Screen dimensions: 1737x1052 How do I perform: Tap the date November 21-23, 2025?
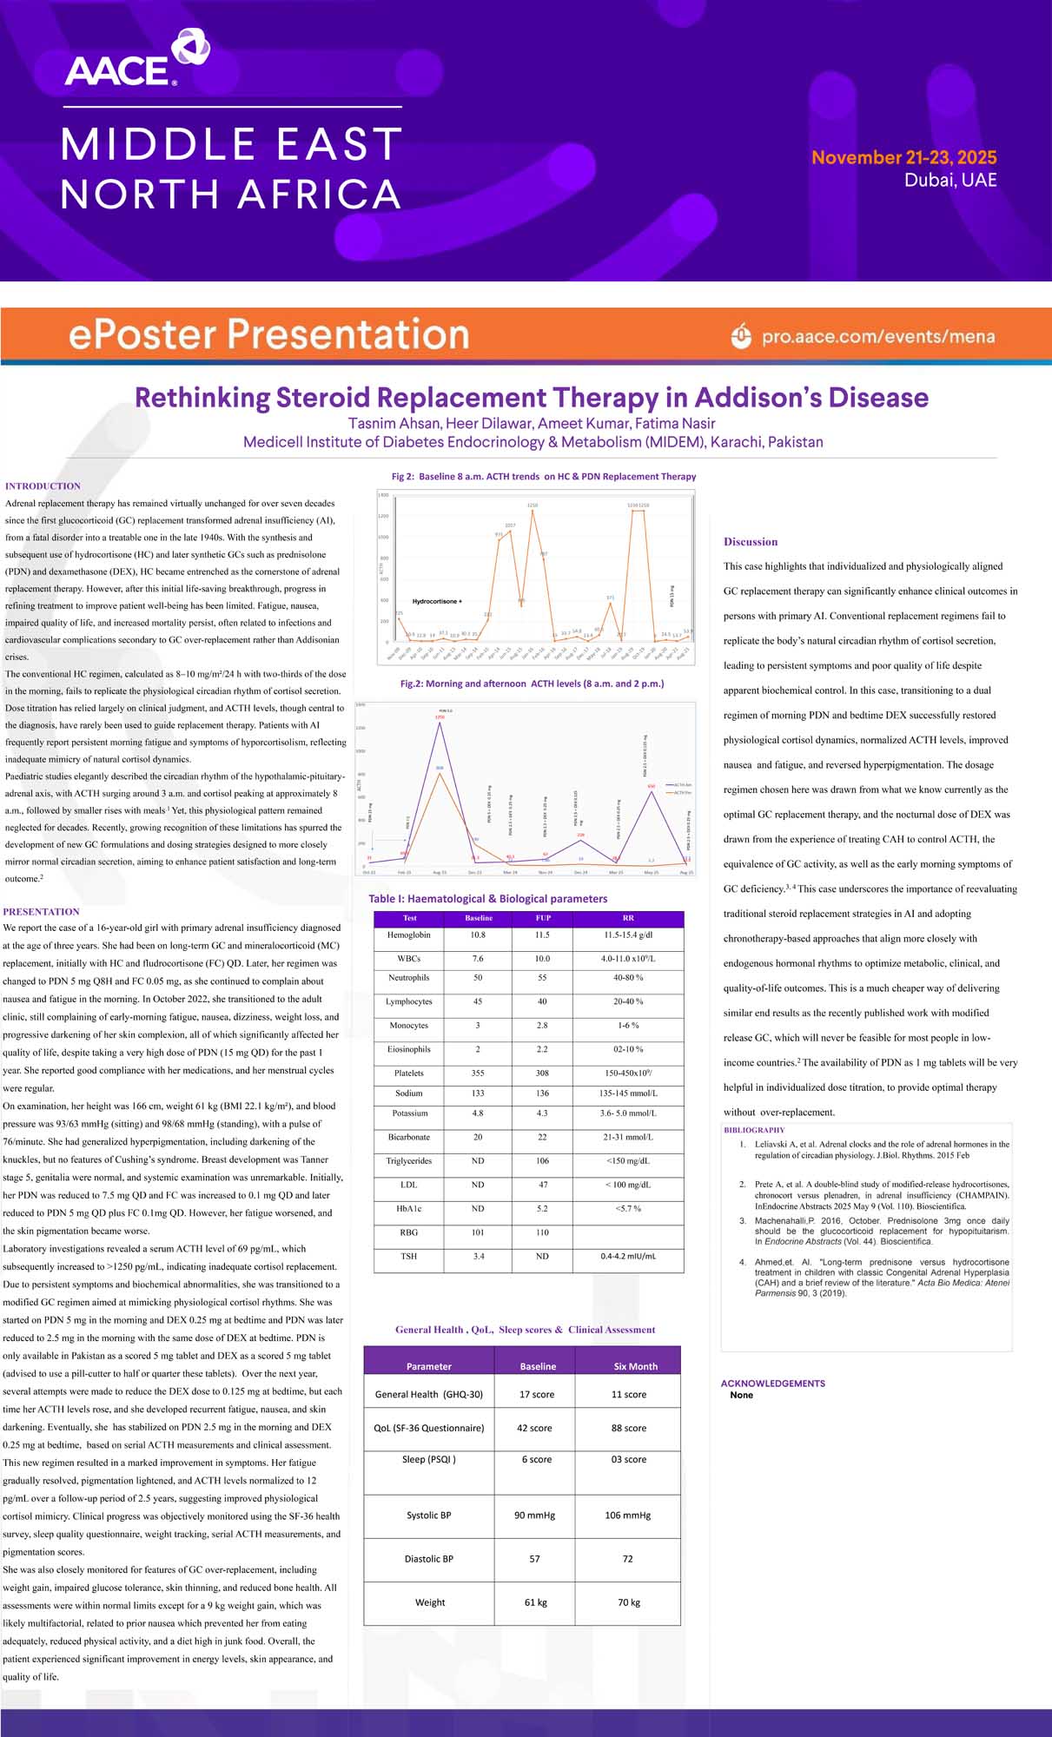[x=903, y=157]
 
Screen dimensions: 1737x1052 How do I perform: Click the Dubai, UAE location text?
[x=950, y=181]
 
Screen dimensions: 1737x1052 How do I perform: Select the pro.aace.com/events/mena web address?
[x=877, y=337]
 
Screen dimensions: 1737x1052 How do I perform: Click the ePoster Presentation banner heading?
[x=268, y=334]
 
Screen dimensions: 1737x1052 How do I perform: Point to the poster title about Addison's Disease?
[x=531, y=398]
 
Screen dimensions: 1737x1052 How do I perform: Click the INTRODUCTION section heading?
[x=43, y=486]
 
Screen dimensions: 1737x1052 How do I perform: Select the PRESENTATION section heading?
[x=41, y=912]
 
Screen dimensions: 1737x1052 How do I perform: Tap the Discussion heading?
[x=751, y=542]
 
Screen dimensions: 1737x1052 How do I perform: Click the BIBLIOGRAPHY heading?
[x=754, y=1130]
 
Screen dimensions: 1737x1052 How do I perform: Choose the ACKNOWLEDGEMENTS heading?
[x=772, y=1384]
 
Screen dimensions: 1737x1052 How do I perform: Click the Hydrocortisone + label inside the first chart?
[x=437, y=601]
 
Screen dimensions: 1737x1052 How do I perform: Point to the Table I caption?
[x=487, y=899]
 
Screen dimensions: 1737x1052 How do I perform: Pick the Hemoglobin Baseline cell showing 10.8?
[x=478, y=935]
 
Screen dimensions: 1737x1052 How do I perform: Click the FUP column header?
[x=543, y=918]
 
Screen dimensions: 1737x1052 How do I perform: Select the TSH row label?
[x=408, y=1257]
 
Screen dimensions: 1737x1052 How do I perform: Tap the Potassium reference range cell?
[x=628, y=1113]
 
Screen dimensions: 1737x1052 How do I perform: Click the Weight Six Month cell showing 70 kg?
[x=628, y=1602]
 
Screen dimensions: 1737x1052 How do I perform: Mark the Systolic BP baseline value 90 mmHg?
[x=534, y=1516]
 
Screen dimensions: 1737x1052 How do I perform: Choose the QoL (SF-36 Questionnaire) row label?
[x=428, y=1428]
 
